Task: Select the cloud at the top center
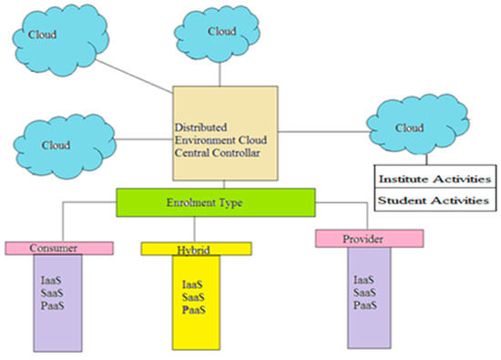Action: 221,33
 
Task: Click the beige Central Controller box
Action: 225,136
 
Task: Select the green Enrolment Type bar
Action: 215,201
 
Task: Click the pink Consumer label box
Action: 59,248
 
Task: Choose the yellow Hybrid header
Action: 195,248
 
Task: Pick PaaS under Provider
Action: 364,305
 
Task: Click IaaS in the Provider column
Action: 364,278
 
